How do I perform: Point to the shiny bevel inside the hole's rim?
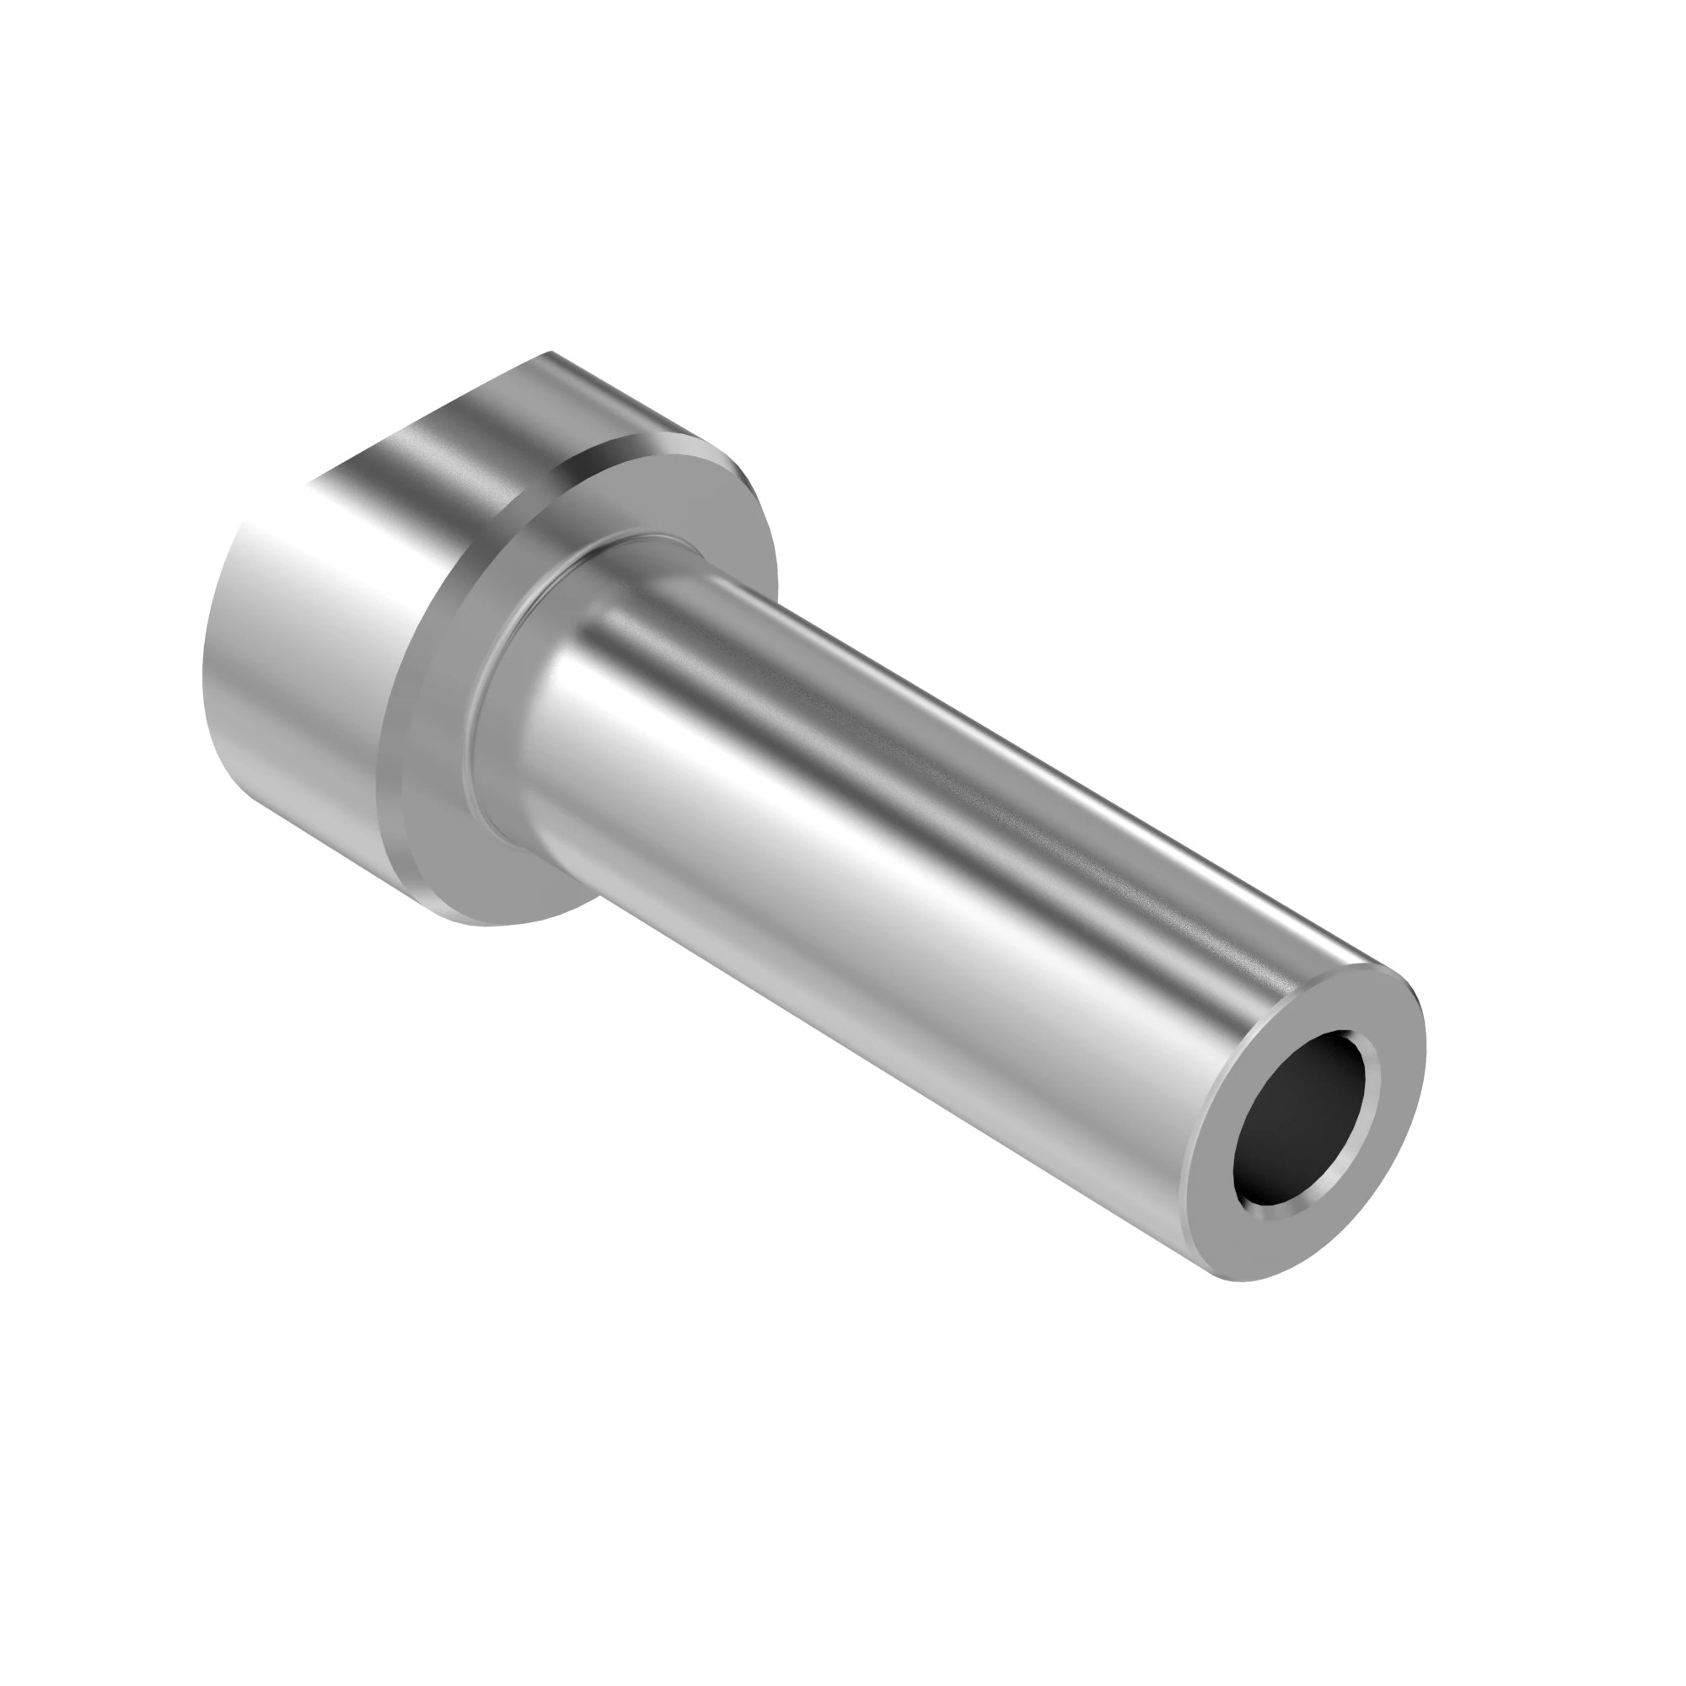click(x=1283, y=1205)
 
